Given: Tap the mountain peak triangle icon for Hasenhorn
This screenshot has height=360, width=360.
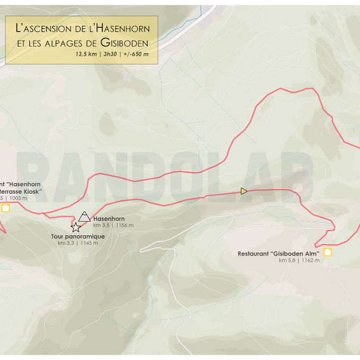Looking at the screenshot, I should point(84,217).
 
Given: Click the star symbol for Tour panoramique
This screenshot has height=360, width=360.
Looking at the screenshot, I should point(76,228).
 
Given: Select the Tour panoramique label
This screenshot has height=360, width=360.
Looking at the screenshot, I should point(78,237).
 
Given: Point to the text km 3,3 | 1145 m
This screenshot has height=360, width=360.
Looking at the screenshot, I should point(78,243).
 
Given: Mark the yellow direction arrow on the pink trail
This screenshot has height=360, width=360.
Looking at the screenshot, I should point(244,191).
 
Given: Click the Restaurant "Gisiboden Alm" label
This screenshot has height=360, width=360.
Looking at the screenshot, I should point(278,254).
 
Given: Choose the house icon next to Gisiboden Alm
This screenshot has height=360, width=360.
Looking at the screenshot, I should point(327,252).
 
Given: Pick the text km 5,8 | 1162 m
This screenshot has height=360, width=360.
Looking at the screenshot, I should point(299,260).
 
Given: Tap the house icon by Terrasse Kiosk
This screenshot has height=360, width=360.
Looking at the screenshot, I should point(5,208).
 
